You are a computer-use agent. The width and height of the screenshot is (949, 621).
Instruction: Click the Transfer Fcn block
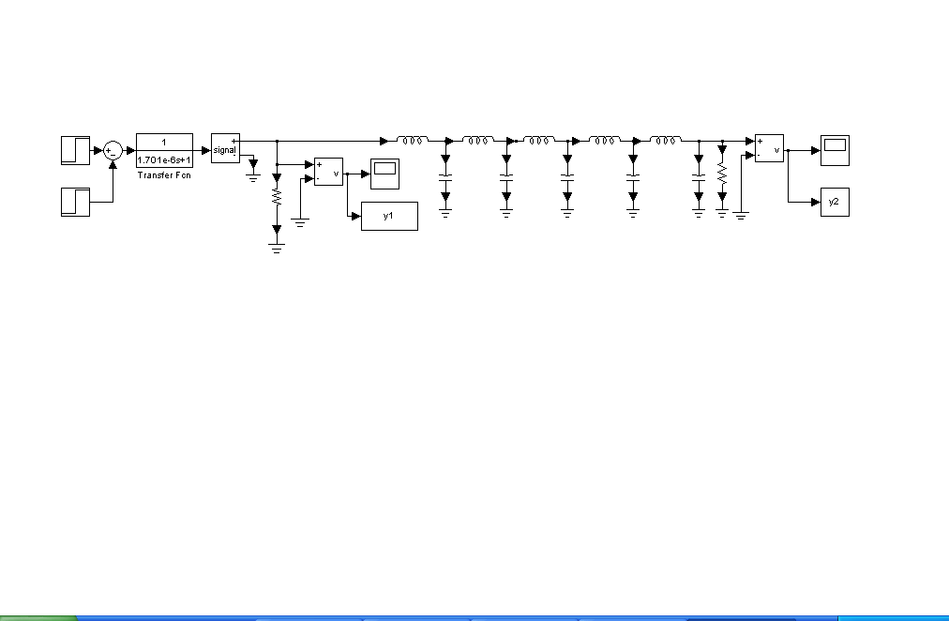click(x=164, y=149)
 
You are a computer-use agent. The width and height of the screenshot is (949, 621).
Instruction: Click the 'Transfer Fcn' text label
click(x=164, y=174)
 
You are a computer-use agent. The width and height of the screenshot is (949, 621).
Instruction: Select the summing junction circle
click(x=113, y=150)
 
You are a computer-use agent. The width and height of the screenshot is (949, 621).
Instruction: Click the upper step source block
click(x=75, y=150)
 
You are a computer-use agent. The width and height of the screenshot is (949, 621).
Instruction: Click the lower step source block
click(x=75, y=202)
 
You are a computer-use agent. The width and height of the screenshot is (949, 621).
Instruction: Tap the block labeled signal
click(x=225, y=148)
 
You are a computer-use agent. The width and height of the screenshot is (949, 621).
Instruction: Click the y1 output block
click(x=389, y=216)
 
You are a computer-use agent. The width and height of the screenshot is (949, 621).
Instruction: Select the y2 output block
click(x=835, y=202)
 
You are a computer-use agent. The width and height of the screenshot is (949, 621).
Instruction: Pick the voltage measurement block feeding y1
click(x=328, y=172)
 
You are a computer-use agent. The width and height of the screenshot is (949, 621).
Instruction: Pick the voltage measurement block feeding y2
click(x=769, y=147)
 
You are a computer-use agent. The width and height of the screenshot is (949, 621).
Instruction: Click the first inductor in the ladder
click(x=413, y=141)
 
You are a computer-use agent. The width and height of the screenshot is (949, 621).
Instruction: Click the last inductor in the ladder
click(x=665, y=141)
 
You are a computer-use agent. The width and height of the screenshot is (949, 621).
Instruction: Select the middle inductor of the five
click(x=539, y=141)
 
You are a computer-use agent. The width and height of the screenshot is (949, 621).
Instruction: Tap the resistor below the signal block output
click(x=276, y=198)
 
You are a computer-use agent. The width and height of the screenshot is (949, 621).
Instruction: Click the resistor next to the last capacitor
click(x=721, y=174)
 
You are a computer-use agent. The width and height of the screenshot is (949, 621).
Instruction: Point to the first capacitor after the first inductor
click(x=445, y=176)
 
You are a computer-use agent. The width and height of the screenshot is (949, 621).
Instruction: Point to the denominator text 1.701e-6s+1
click(x=164, y=160)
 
